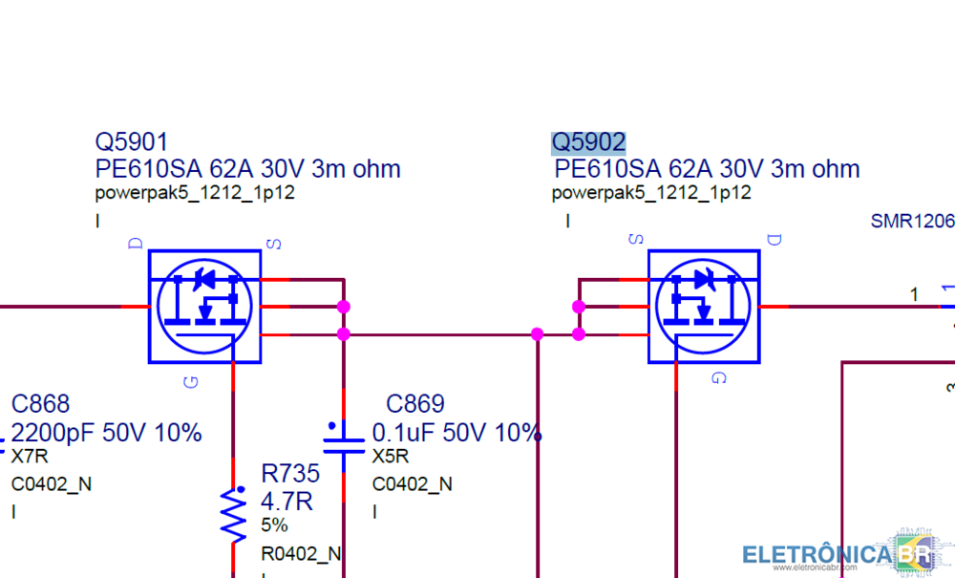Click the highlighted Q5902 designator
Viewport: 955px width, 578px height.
click(588, 142)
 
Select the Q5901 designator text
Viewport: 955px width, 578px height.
click(131, 142)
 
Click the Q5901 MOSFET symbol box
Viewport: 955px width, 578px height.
click(204, 307)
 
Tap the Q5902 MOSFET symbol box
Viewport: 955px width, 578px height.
click(704, 307)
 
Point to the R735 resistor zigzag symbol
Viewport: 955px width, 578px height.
click(233, 514)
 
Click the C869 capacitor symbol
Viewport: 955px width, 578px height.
click(343, 440)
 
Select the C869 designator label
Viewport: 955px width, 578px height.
click(414, 404)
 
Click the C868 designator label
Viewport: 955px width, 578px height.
click(40, 404)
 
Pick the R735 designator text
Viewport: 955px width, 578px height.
click(290, 474)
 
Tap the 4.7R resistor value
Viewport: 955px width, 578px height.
click(286, 501)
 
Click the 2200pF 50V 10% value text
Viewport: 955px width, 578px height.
click(107, 433)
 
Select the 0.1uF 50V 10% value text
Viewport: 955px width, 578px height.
click(456, 433)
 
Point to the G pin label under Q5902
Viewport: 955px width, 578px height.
click(719, 379)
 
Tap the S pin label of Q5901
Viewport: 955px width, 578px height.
click(274, 245)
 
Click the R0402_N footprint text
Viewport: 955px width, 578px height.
click(301, 553)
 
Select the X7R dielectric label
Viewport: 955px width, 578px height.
click(25, 457)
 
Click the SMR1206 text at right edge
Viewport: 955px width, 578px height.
click(911, 221)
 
